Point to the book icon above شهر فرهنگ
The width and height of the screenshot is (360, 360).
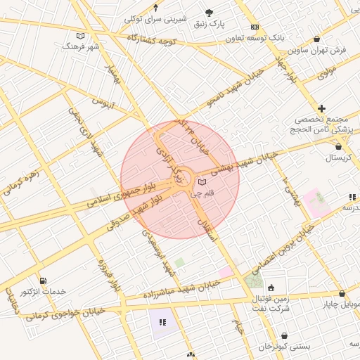tap(79, 35)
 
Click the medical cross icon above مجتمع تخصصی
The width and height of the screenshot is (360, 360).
tap(321, 108)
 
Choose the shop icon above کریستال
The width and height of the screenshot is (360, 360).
tap(340, 146)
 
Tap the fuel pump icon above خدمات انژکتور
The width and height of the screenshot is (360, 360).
tap(44, 281)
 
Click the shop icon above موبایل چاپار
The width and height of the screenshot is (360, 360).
tap(342, 293)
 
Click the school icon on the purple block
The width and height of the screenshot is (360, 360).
tap(162, 322)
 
